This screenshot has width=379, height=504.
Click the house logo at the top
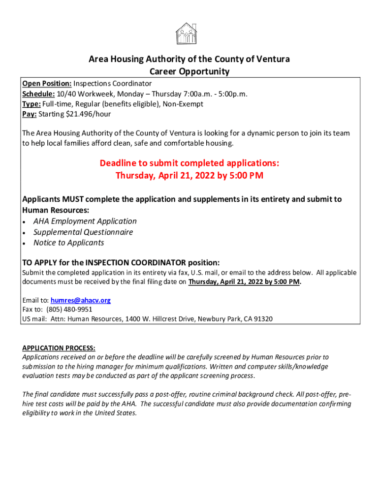click(186, 33)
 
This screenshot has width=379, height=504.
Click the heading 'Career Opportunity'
click(189, 71)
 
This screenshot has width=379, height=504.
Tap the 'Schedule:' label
click(38, 94)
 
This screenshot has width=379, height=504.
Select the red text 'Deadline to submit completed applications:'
click(189, 163)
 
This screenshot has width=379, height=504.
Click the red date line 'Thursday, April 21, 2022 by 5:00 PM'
click(189, 176)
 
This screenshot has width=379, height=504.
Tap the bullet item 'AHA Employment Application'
click(85, 221)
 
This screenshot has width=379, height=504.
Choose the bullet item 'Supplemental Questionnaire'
click(83, 232)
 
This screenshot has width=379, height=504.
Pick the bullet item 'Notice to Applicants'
click(68, 243)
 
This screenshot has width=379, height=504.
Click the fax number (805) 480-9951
click(69, 310)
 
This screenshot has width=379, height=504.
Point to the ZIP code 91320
click(262, 319)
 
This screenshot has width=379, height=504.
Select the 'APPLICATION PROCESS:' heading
click(59, 347)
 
